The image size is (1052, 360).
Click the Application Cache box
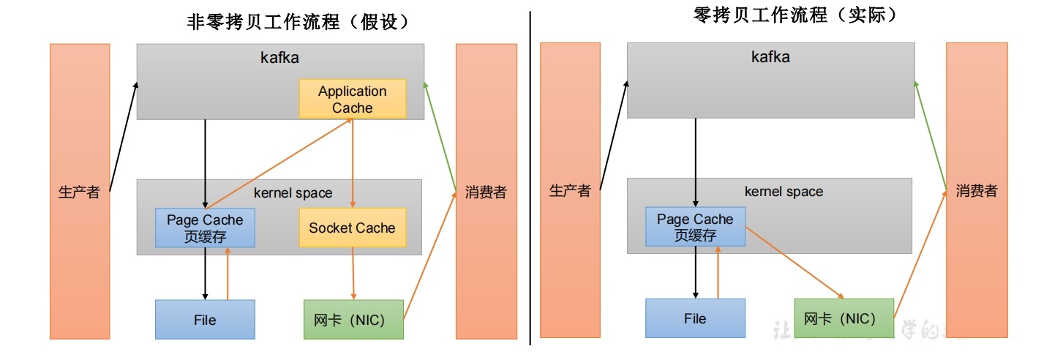pyautogui.click(x=352, y=100)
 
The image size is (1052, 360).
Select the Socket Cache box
pyautogui.click(x=352, y=228)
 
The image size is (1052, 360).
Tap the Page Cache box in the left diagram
pyautogui.click(x=205, y=228)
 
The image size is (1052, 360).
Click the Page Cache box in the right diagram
pyautogui.click(x=695, y=227)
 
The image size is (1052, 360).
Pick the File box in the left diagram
pyautogui.click(x=205, y=320)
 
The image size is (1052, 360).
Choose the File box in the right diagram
pyautogui.click(x=695, y=318)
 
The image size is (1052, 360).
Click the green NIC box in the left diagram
pyautogui.click(x=353, y=320)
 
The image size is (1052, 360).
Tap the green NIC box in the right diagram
pyautogui.click(x=844, y=318)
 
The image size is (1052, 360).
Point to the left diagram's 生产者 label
pyautogui.click(x=78, y=193)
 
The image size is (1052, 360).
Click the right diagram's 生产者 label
pyautogui.click(x=569, y=191)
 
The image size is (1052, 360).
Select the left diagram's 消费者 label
pyautogui.click(x=486, y=193)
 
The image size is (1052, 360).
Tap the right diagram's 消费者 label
pyautogui.click(x=977, y=191)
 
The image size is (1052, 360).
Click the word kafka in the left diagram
pyautogui.click(x=280, y=57)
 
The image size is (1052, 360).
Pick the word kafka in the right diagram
pyautogui.click(x=770, y=56)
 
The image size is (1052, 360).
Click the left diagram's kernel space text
pyautogui.click(x=293, y=193)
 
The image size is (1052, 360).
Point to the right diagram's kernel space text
pyautogui.click(x=784, y=192)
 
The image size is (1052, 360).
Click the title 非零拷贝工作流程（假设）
pyautogui.click(x=298, y=22)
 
